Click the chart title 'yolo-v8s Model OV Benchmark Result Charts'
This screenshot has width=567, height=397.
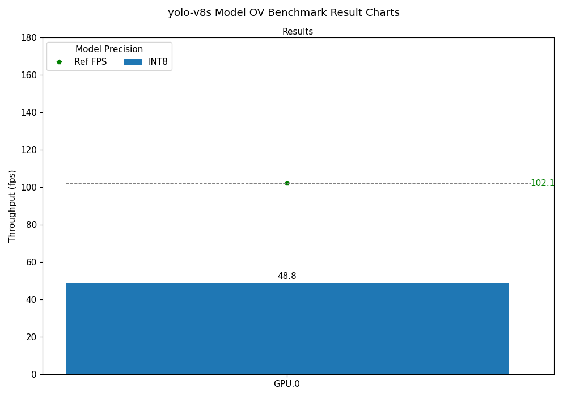283,12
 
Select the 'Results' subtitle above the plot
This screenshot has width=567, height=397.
298,32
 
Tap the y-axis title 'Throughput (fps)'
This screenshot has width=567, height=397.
12,206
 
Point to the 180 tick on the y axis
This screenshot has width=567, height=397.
29,37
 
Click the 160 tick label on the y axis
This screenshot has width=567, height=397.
29,75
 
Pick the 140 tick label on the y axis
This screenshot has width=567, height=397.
29,112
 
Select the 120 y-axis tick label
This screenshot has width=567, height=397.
29,150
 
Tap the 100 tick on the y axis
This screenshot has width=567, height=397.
29,187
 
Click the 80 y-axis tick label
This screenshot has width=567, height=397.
31,225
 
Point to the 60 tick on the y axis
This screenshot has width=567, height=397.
31,262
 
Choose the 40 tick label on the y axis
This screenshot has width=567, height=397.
31,299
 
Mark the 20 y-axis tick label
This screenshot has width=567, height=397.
31,337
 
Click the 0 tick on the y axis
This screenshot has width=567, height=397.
33,374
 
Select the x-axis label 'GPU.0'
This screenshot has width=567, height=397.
287,384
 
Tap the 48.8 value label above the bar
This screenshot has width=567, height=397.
287,276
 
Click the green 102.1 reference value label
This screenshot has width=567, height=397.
542,183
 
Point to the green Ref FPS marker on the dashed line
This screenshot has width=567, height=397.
287,183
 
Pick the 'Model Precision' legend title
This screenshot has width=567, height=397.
109,49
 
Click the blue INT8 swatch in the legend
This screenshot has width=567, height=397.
133,62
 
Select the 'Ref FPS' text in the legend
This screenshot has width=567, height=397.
90,62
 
